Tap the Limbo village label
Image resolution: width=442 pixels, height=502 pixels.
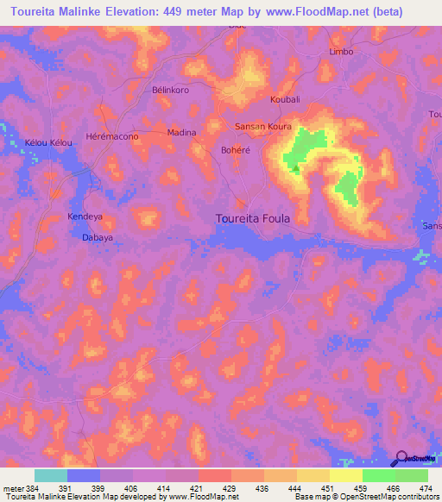point(342,52)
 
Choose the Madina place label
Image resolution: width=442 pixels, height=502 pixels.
point(181,132)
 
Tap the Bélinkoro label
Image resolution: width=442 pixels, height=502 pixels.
point(170,90)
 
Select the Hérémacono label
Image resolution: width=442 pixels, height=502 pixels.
point(113,137)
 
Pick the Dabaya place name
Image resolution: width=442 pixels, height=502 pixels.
point(98,236)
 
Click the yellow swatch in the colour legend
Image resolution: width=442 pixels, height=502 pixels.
point(346,474)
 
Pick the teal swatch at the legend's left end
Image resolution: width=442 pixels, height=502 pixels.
point(51,474)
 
